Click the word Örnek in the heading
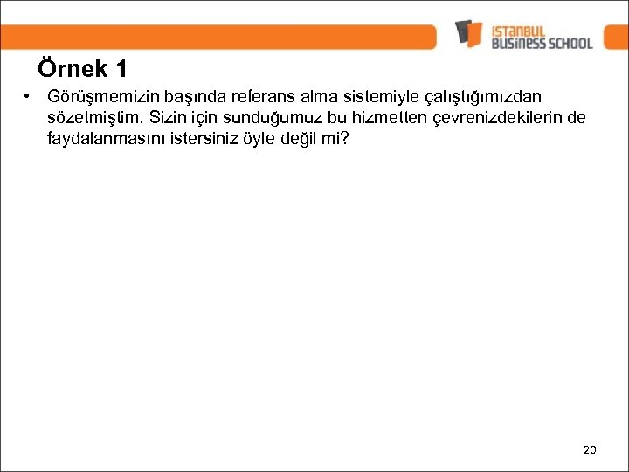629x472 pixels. [x=73, y=69]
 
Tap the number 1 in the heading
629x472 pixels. [x=120, y=69]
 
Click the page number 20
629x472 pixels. [x=589, y=449]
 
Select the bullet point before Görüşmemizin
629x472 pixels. [x=28, y=95]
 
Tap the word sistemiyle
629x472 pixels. [x=374, y=96]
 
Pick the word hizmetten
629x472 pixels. [x=388, y=117]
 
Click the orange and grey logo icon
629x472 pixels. [x=468, y=34]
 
